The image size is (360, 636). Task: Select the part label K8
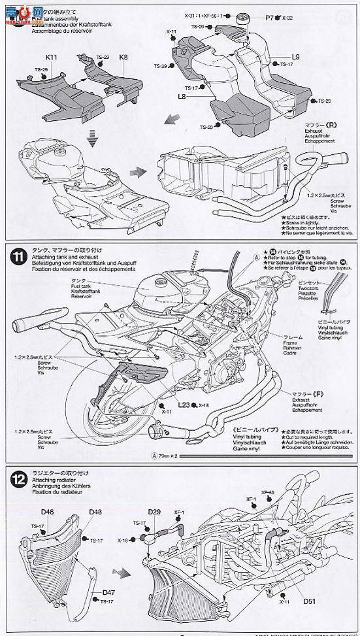point(123,58)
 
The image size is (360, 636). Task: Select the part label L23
point(183,405)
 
